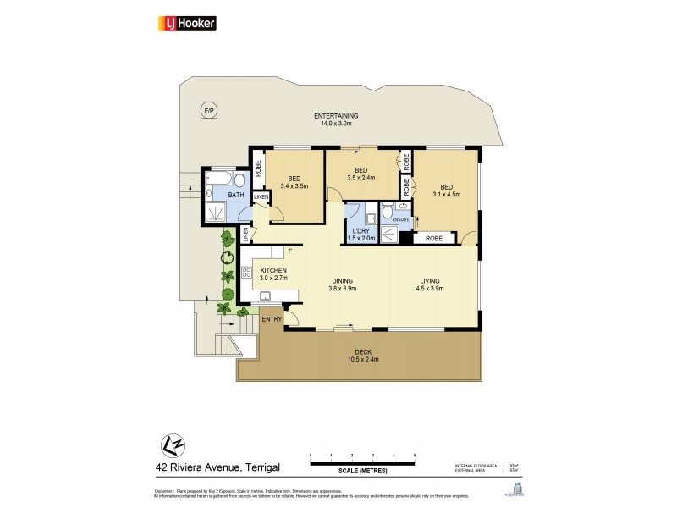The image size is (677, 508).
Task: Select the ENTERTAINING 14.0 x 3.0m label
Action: point(336,119)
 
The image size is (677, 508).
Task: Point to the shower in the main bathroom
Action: point(214,212)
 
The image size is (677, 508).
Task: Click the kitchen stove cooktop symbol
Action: point(247,273)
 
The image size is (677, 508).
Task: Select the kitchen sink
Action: point(266,296)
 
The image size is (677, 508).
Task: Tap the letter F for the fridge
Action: point(289,251)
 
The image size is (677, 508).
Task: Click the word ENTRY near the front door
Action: point(272,319)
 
